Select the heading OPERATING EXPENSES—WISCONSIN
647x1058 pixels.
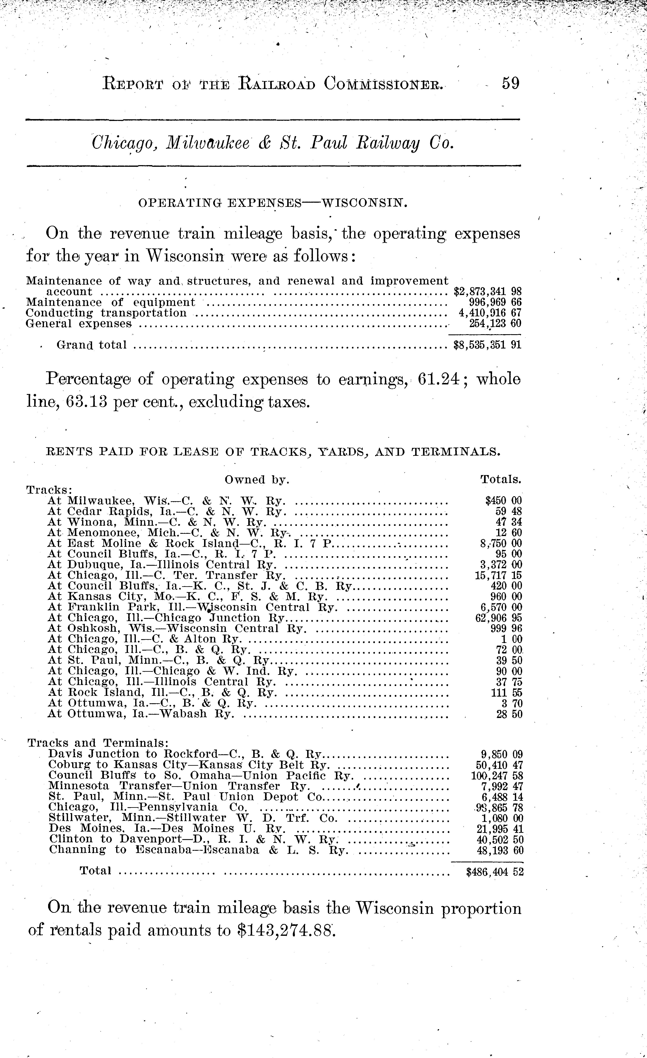(272, 203)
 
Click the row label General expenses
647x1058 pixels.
(79, 323)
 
